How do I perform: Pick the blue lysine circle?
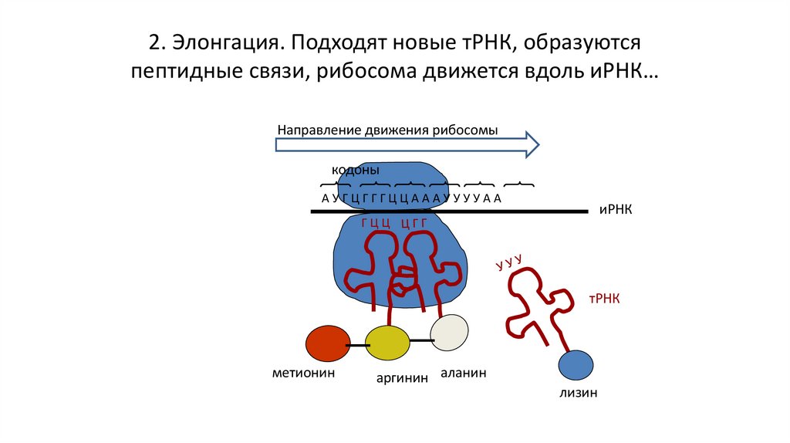coord(576,365)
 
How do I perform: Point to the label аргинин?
coord(402,380)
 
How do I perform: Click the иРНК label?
coord(615,210)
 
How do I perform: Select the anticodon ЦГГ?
coord(414,224)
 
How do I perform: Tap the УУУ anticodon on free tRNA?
coord(509,262)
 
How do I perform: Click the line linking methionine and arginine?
coord(357,345)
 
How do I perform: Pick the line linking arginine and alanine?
coord(420,340)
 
